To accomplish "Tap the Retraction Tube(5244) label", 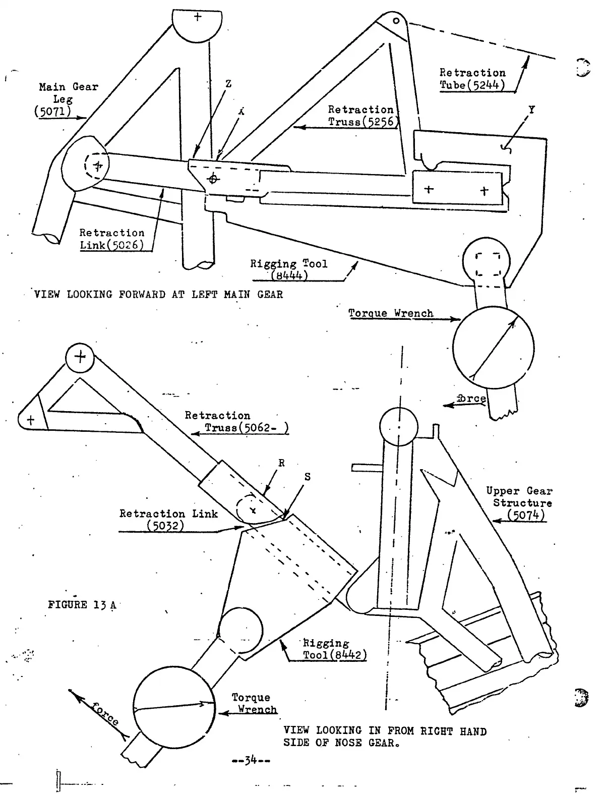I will pos(472,79).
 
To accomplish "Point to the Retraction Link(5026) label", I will pos(112,239).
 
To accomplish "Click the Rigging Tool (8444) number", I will pos(289,275).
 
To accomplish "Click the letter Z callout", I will pos(228,84).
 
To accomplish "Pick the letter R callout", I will pos(281,463).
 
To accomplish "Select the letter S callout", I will pos(307,477).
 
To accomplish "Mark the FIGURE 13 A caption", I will pos(82,605).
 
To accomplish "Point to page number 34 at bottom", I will pos(251,759).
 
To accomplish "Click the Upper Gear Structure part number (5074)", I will pos(526,515).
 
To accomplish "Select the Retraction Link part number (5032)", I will pos(165,525).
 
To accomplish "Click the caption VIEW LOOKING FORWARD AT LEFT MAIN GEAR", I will pos(158,295).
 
